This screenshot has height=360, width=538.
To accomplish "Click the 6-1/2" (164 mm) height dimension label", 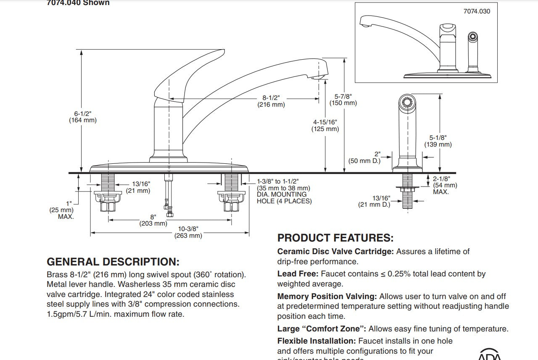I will click(x=83, y=117).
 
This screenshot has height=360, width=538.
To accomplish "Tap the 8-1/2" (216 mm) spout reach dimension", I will click(x=271, y=101).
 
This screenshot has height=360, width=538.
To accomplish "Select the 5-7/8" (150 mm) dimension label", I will click(x=343, y=100).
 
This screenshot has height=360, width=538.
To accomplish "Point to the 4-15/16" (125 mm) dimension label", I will click(x=325, y=126).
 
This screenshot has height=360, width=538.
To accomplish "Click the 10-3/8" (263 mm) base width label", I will click(x=188, y=232).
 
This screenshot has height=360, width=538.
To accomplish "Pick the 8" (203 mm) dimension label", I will click(x=153, y=220).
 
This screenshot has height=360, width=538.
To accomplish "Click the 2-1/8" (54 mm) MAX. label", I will click(x=445, y=185).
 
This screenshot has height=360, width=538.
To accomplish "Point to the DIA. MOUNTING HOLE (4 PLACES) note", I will click(x=284, y=198).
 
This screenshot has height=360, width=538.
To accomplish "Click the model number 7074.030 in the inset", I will click(x=477, y=11).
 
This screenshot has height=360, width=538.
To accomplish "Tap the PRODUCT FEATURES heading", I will click(x=335, y=238).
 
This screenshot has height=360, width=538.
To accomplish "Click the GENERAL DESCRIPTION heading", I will click(x=113, y=262).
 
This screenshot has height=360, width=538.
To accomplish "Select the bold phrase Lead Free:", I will click(x=298, y=274).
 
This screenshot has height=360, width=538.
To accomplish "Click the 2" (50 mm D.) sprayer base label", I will click(x=364, y=158).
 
